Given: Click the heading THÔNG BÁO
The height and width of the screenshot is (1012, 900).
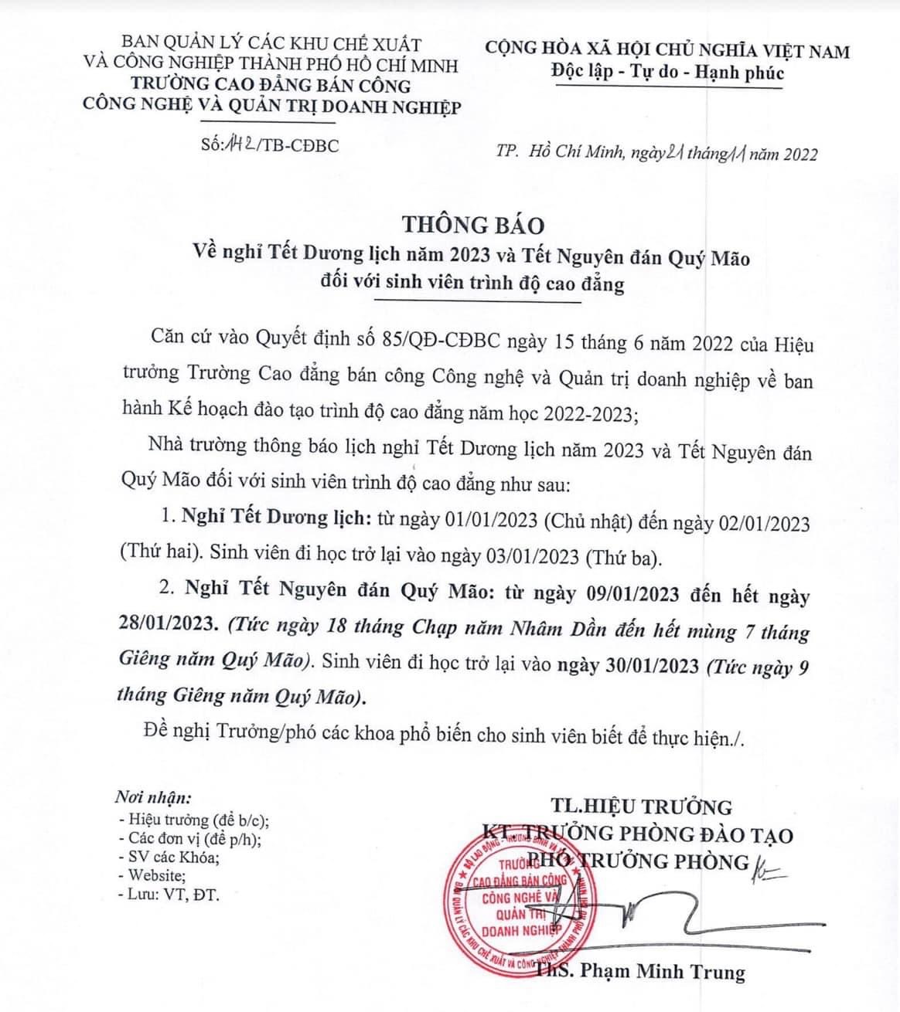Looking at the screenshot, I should tap(472, 225).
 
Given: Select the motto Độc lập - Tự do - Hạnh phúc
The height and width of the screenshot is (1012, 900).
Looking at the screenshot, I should tap(668, 73).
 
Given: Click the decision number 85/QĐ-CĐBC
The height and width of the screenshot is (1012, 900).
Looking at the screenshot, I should tap(437, 343).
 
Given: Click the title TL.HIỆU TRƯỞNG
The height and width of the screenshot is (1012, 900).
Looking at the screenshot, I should tap(641, 807).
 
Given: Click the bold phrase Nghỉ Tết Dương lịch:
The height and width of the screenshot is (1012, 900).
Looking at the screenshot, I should tap(271, 518).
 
